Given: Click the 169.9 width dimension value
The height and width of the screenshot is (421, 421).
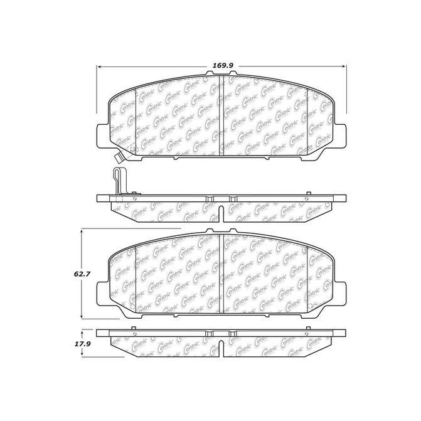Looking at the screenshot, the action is [223, 65].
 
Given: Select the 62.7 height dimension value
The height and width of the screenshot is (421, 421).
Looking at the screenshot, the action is [82, 274].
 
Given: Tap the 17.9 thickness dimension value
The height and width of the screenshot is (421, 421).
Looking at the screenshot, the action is [83, 344].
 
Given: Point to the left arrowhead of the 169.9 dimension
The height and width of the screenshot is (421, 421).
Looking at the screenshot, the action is [99, 67].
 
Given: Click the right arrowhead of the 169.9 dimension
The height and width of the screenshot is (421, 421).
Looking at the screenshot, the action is [344, 67].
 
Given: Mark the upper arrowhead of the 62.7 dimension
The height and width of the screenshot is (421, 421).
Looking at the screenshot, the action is [81, 232].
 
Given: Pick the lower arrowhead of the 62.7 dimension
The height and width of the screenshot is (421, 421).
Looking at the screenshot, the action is [81, 317].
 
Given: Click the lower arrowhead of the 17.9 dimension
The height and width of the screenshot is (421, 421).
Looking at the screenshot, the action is [82, 354].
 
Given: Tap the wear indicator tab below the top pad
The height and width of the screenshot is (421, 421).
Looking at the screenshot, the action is [119, 157].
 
